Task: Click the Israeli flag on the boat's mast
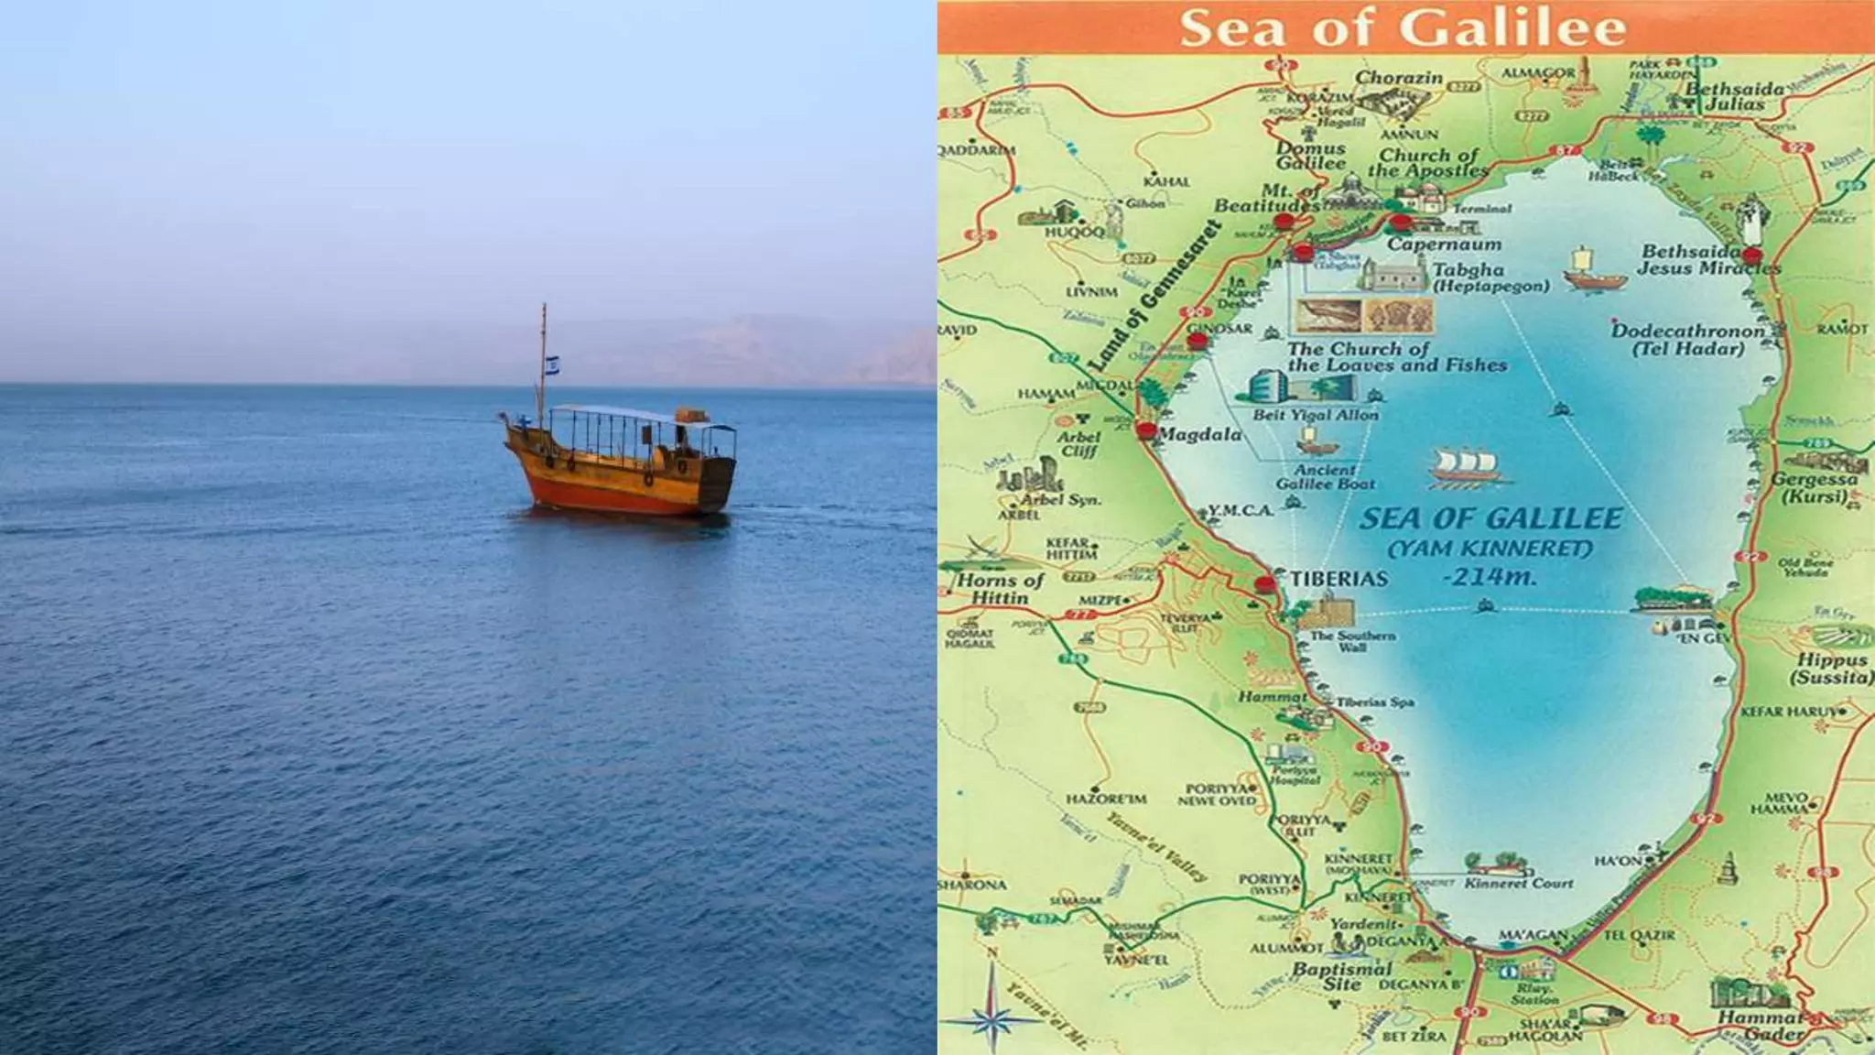(552, 364)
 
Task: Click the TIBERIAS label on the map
(1339, 579)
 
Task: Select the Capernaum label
(1444, 245)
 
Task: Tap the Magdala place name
(1200, 434)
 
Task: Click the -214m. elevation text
(1489, 577)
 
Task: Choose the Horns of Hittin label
(1000, 589)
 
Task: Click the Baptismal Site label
(1341, 976)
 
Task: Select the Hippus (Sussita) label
(1832, 669)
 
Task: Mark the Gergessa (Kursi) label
(1814, 488)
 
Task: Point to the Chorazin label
(1399, 79)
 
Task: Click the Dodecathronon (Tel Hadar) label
(1688, 339)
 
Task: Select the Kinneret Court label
(1519, 883)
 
